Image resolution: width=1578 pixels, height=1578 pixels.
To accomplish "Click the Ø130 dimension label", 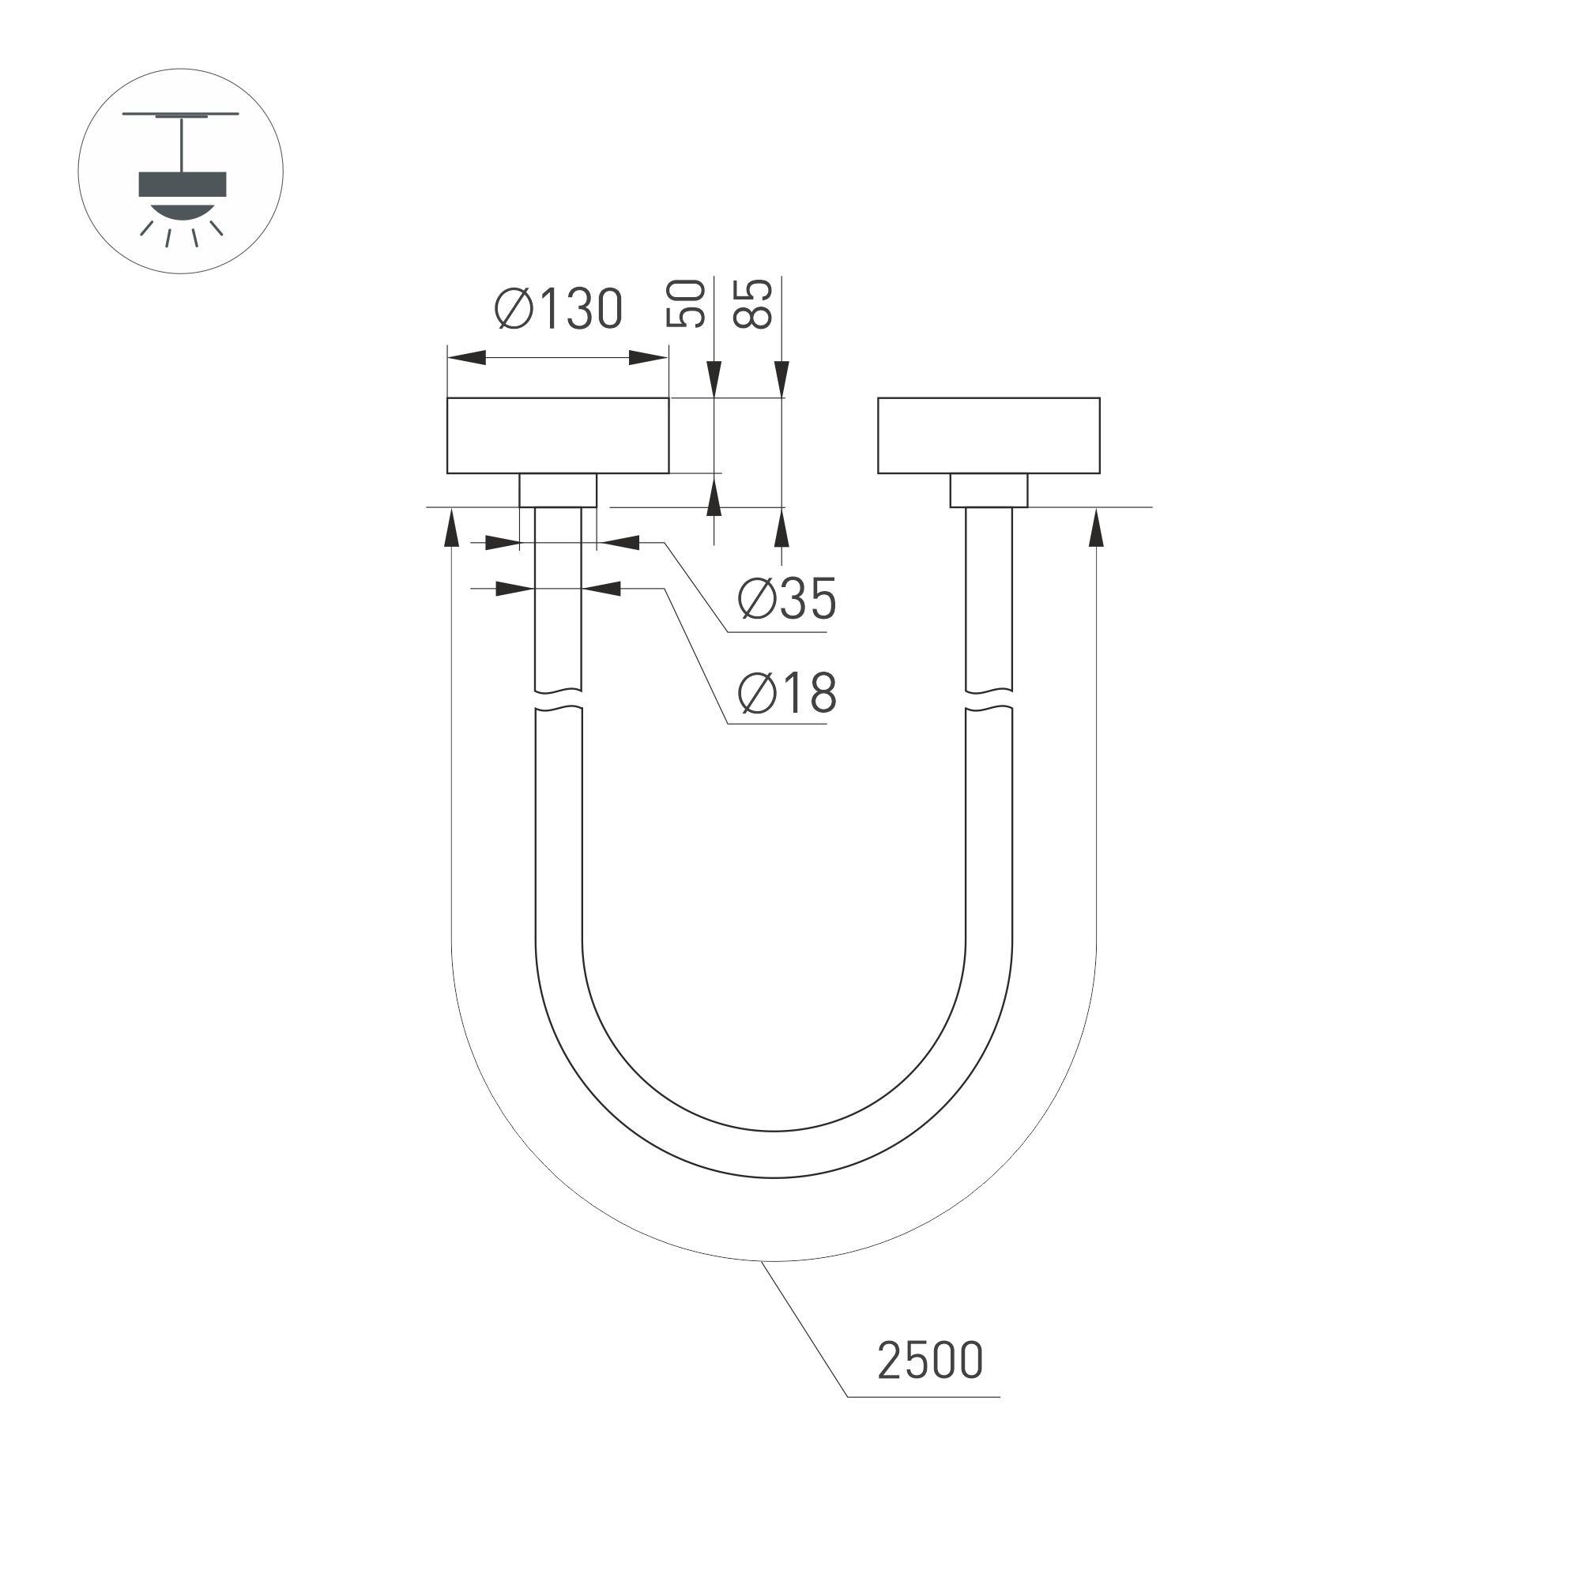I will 559,310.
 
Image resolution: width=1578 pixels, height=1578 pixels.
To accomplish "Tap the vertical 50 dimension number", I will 686,304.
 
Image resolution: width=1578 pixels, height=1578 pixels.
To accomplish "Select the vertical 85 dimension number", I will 753,304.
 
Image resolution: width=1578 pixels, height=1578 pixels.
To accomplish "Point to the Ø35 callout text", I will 786,599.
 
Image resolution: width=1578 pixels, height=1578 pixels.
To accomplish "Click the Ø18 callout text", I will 786,694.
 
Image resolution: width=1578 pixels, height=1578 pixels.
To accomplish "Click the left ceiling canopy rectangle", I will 558,435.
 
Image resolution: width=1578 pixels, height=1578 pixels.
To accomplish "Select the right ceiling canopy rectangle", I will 989,435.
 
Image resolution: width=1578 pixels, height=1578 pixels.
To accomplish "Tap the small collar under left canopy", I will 558,490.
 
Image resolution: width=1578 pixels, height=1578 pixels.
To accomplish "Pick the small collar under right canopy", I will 989,490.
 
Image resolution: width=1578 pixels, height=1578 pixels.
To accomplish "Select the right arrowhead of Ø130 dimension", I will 649,358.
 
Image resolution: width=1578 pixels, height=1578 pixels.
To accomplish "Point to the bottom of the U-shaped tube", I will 774,1154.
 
